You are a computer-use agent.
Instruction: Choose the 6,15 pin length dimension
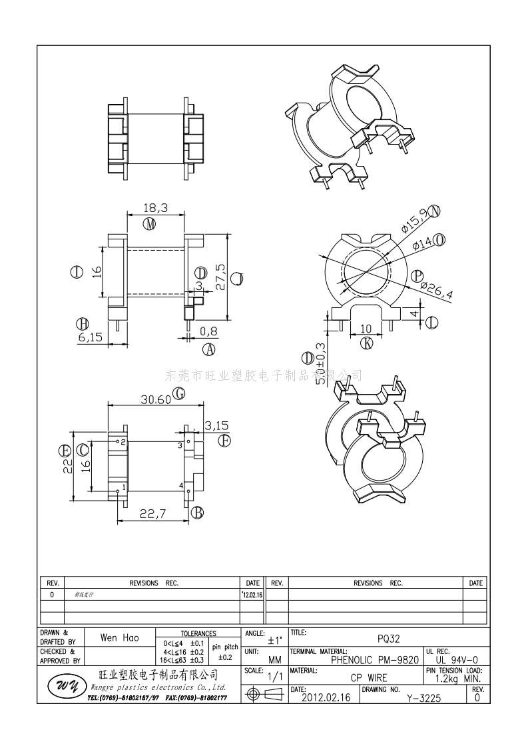pos(90,337)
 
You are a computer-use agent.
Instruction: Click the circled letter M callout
pos(150,223)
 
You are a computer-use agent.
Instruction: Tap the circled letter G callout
pos(178,394)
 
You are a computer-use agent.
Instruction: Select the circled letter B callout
pos(197,512)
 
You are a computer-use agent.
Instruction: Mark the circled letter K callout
pos(366,343)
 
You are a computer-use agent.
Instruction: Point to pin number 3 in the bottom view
pos(179,444)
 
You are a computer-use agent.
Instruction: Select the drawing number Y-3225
pos(423,698)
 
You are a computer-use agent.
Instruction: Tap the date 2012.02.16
pos(326,698)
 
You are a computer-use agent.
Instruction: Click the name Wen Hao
pos(120,638)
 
